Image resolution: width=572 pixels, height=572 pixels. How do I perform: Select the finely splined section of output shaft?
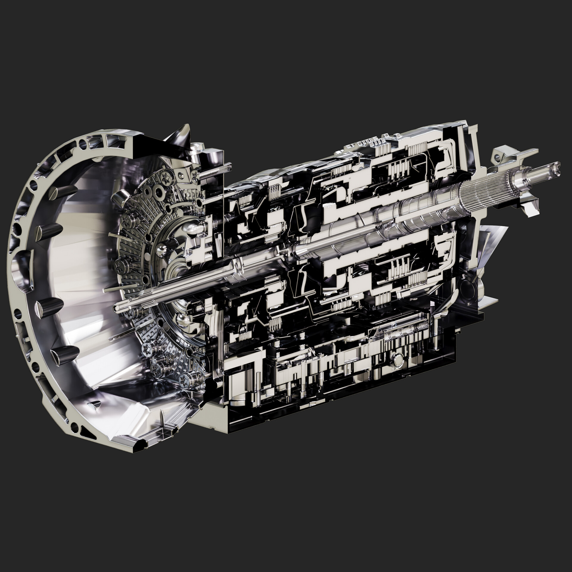coord(480,191)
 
